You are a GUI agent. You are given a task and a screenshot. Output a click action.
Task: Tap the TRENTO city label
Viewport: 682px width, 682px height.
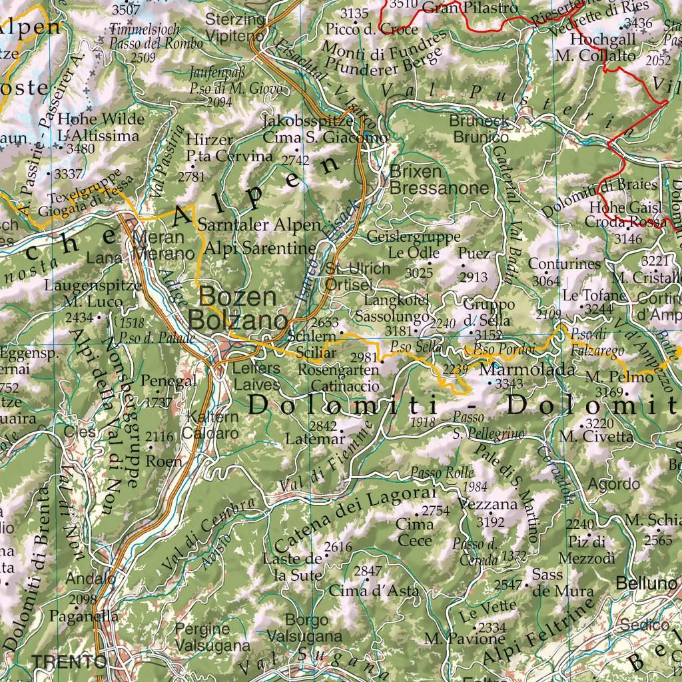click(69, 661)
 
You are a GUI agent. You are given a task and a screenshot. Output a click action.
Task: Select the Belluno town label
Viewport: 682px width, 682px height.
click(642, 583)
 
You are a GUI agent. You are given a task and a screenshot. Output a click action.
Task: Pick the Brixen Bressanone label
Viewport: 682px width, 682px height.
click(438, 179)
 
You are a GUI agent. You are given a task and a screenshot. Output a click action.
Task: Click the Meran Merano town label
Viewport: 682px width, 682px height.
click(163, 246)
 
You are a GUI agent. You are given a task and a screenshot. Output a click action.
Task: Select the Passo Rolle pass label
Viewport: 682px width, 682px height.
click(433, 473)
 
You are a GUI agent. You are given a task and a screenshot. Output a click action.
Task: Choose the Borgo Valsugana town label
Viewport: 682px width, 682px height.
click(304, 628)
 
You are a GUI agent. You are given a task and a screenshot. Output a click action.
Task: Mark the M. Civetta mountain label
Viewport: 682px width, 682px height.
click(597, 437)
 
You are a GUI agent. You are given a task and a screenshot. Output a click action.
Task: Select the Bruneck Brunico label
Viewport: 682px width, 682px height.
click(480, 129)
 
